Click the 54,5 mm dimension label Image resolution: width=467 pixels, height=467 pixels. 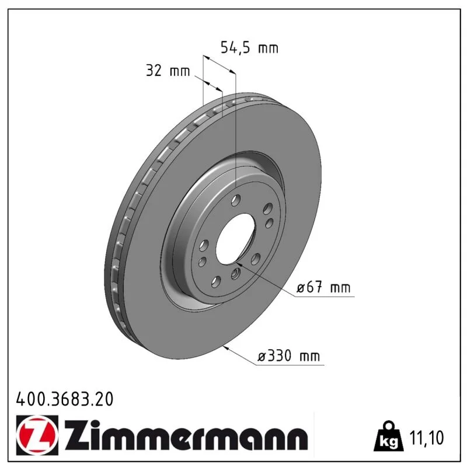(249, 48)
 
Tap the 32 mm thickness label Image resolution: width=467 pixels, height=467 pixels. (168, 71)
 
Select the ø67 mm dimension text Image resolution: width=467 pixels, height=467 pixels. (323, 287)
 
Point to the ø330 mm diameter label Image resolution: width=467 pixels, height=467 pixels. (288, 356)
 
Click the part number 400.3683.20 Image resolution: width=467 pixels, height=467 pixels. (65, 399)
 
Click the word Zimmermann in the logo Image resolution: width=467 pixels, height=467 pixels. (186, 435)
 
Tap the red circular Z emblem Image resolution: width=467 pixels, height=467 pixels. (37, 435)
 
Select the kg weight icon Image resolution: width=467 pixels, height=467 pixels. (388, 435)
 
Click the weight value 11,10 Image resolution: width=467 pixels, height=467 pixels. (427, 437)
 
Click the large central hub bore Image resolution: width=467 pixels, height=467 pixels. (235, 239)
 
